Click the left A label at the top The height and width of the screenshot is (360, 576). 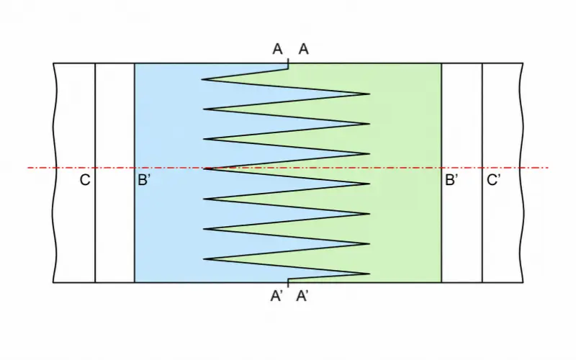(277, 49)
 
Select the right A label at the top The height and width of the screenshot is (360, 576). (303, 49)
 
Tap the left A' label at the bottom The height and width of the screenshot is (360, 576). (276, 296)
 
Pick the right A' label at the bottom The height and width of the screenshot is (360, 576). (302, 296)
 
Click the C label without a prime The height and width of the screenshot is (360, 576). (85, 181)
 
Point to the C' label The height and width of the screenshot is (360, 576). (493, 181)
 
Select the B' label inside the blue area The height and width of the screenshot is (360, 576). (144, 181)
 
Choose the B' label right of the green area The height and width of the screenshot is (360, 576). (451, 181)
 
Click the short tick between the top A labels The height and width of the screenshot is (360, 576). (288, 63)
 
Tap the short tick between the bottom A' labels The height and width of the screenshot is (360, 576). (288, 283)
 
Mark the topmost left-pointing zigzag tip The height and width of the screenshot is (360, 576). (202, 79)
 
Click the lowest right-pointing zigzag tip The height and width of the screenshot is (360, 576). (370, 274)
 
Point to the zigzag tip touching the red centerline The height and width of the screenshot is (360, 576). (204, 168)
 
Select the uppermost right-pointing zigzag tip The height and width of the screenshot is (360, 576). (370, 94)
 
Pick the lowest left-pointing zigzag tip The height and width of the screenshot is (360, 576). (203, 259)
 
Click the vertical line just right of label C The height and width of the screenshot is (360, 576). (95, 173)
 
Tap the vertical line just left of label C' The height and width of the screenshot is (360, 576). (482, 173)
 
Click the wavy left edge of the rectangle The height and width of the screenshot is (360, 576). (55, 173)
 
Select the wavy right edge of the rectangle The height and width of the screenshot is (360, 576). (521, 173)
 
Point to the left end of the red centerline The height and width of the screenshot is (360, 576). (28, 168)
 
